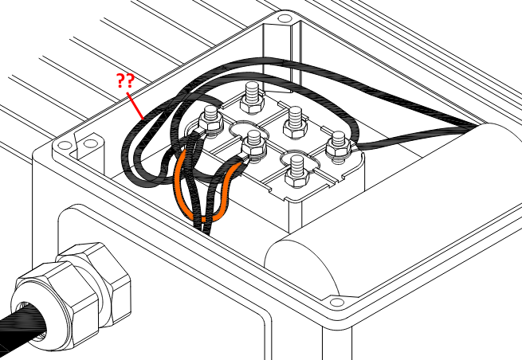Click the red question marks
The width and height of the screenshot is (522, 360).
124,80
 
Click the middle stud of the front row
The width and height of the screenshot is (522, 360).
254,143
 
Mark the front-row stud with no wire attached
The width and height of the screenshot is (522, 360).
297,169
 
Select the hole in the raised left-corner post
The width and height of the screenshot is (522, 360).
90,144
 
